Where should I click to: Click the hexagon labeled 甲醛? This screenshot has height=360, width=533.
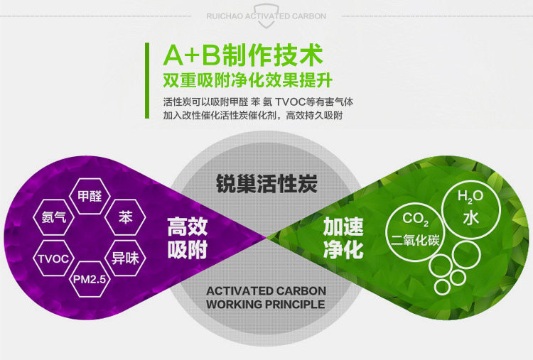[x=90, y=196]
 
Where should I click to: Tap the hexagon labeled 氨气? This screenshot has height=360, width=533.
[x=54, y=217]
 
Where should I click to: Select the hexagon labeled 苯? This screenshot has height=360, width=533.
[x=125, y=217]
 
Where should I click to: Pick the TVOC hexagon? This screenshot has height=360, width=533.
[x=54, y=258]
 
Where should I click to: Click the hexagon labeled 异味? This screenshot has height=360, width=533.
[x=125, y=258]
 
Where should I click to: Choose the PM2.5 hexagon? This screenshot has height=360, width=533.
[x=90, y=279]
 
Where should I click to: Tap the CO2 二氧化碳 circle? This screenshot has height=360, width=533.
[x=415, y=231]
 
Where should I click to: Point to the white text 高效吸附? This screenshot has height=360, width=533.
[x=188, y=238]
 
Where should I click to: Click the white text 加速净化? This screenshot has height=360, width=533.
[x=343, y=238]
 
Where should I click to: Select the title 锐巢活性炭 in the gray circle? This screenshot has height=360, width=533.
[x=266, y=184]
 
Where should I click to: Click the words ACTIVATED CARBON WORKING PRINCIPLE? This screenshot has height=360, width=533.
[x=266, y=298]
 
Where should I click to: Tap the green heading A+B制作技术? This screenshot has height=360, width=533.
[x=243, y=55]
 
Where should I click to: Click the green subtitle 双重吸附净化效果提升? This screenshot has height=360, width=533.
[x=247, y=80]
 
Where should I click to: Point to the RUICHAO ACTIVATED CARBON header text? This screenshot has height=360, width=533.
[x=266, y=16]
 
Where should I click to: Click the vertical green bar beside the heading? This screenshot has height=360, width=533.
[x=147, y=80]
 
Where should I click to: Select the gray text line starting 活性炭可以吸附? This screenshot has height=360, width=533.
[x=258, y=102]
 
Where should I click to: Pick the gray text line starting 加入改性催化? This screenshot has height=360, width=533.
[x=252, y=116]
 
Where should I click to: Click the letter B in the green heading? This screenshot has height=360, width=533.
[x=212, y=55]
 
